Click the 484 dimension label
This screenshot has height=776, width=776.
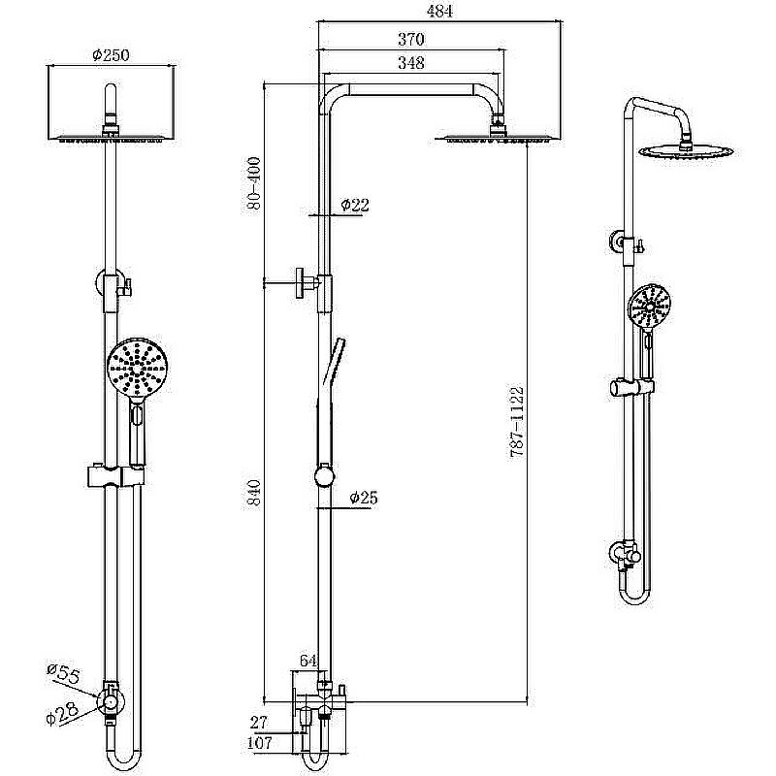tap(439, 12)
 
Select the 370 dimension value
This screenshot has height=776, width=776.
tap(410, 40)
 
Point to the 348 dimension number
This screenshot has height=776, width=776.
tap(410, 64)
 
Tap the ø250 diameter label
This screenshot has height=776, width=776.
tap(113, 56)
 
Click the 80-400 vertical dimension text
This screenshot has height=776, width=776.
tap(253, 182)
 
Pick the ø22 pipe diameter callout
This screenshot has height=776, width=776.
tap(355, 205)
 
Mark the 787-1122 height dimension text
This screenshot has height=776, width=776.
tap(516, 422)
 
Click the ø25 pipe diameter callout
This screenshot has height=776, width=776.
tap(362, 498)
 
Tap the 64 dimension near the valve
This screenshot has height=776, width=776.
tap(308, 661)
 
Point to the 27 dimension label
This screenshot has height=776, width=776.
tap(259, 722)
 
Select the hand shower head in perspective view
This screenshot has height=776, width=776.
tap(648, 307)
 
